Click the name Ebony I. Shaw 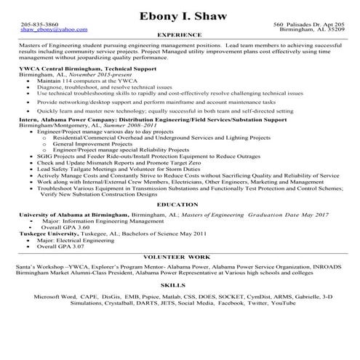pyautogui.click(x=180, y=15)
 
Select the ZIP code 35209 pyautogui.click(x=334, y=30)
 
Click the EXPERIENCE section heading pyautogui.click(x=180, y=34)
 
